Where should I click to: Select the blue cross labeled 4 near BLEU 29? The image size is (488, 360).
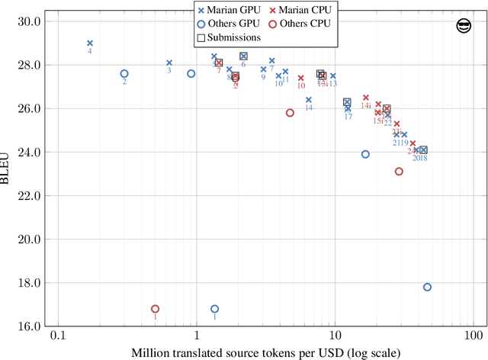tap(90, 43)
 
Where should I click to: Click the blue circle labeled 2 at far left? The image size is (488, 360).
tap(124, 74)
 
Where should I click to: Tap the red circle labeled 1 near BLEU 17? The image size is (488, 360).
tap(155, 309)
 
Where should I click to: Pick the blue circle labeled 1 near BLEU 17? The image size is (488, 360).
tap(214, 309)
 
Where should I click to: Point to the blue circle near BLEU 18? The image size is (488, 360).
tap(427, 287)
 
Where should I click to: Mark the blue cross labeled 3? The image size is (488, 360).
tap(169, 63)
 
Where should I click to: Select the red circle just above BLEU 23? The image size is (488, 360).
tap(399, 172)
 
